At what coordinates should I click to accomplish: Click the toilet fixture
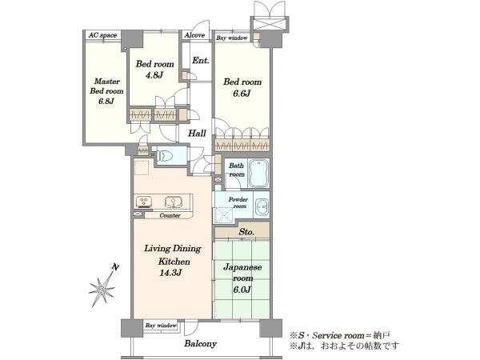click(x=164, y=155)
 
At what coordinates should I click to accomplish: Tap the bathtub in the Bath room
click(x=258, y=173)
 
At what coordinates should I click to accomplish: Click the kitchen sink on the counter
click(x=174, y=202)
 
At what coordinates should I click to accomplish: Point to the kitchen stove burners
click(x=144, y=202)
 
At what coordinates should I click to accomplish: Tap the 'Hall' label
click(x=197, y=133)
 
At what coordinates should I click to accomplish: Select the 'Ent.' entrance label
click(x=201, y=60)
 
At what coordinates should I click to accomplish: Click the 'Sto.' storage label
click(x=246, y=232)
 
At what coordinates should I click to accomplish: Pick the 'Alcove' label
click(x=194, y=35)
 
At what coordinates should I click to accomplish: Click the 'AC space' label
click(x=102, y=35)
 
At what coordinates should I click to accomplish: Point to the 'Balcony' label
click(x=200, y=344)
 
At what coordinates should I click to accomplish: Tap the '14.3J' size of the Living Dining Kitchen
click(x=170, y=272)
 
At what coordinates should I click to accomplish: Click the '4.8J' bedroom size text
click(x=154, y=75)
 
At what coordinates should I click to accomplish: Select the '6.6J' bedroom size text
click(x=242, y=94)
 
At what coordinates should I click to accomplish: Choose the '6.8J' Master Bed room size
click(x=106, y=101)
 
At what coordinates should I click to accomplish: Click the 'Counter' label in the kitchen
click(x=170, y=215)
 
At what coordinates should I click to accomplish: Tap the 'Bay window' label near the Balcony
click(x=161, y=326)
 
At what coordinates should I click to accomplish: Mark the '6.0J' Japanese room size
click(x=242, y=290)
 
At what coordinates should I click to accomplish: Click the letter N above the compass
click(x=115, y=267)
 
